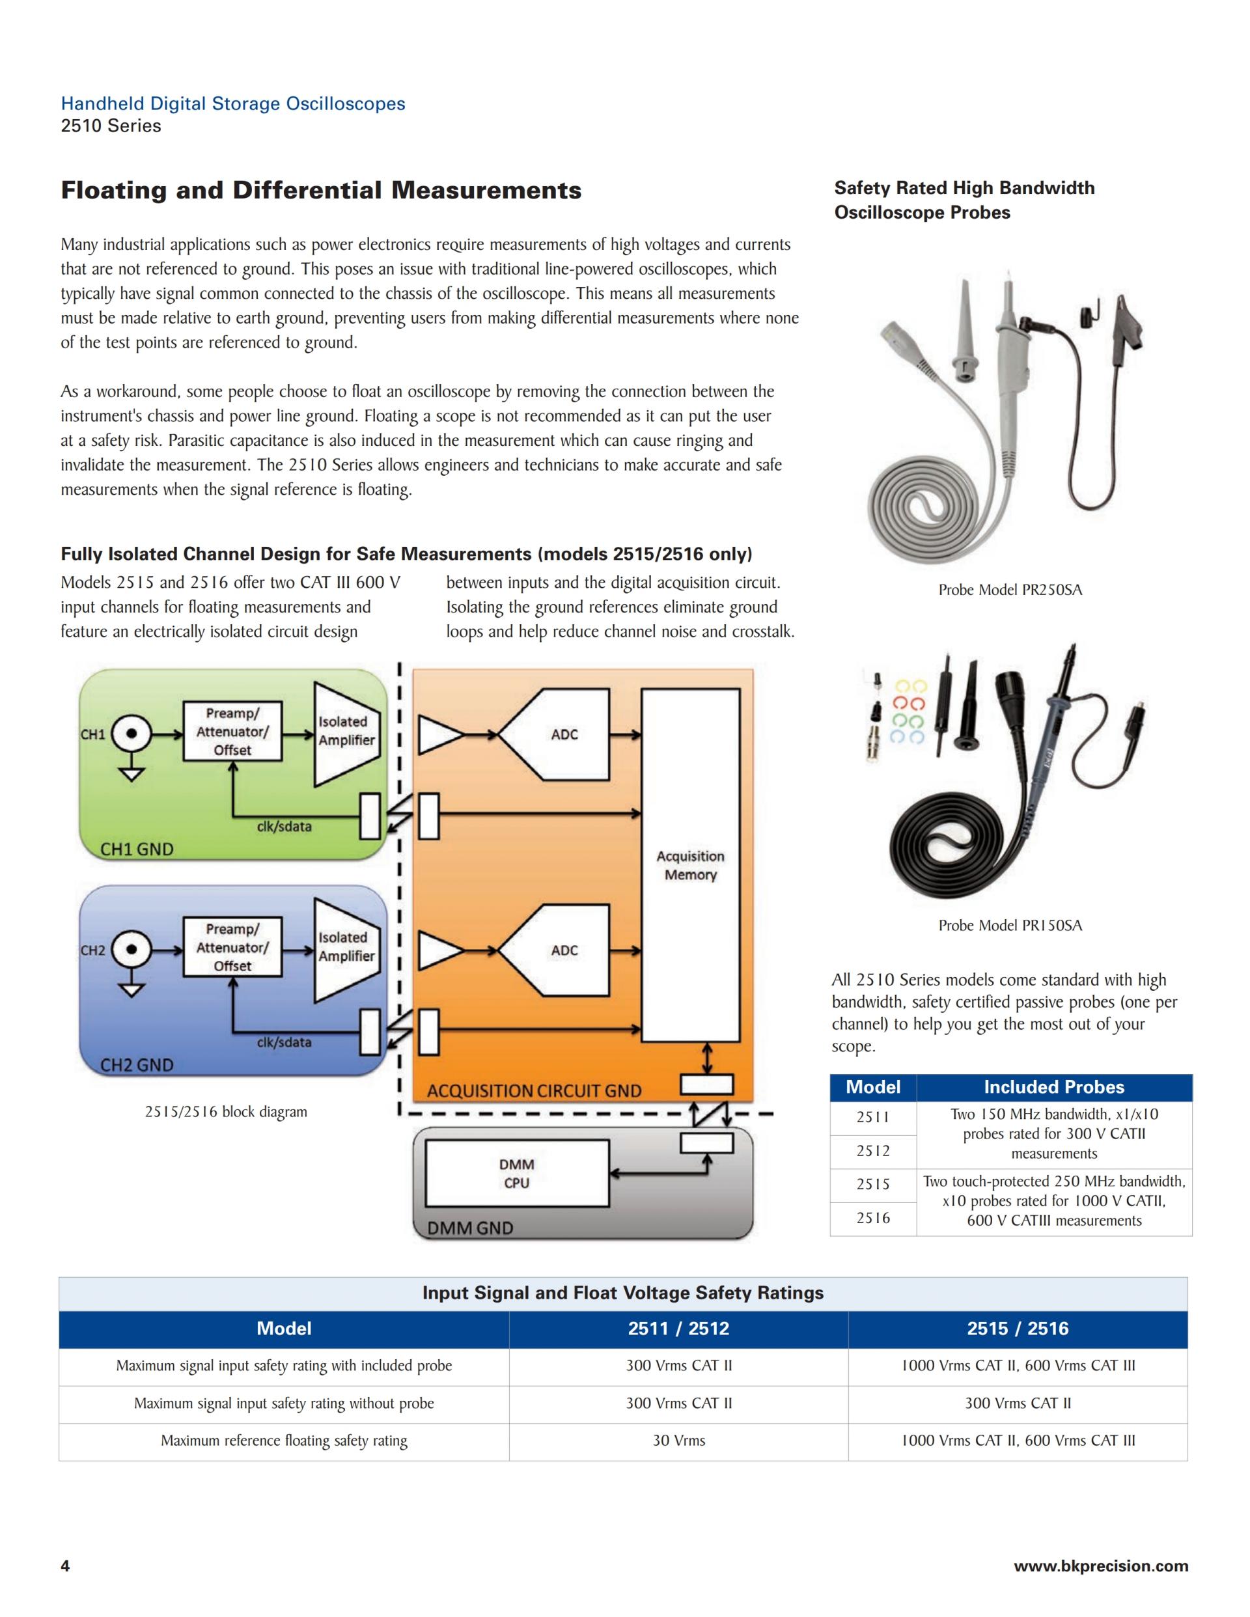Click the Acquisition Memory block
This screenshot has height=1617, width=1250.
[x=690, y=864]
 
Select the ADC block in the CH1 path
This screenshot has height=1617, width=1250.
[x=564, y=734]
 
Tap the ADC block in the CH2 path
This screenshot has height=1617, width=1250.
[x=564, y=950]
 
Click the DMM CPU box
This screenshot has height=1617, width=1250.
[x=517, y=1174]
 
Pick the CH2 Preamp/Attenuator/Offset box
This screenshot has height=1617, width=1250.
[x=232, y=947]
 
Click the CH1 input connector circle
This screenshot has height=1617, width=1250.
[x=132, y=734]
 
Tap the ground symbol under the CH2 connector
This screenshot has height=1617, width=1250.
[x=132, y=990]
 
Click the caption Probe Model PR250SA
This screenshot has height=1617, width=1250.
[x=1010, y=590]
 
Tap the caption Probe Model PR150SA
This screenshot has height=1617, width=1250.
[x=1010, y=926]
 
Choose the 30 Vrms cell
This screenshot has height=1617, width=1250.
[x=678, y=1441]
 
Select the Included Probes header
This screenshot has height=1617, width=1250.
[x=1054, y=1087]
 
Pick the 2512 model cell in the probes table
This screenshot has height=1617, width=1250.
[x=873, y=1150]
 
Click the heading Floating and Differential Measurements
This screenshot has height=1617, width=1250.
[x=321, y=190]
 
